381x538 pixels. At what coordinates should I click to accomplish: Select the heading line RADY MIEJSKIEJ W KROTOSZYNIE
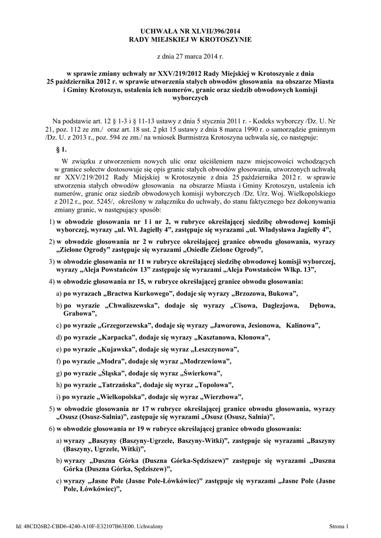pos(190,39)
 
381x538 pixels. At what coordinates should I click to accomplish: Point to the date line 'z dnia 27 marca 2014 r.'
pos(190,56)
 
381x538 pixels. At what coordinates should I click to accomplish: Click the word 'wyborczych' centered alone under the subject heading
pos(191,98)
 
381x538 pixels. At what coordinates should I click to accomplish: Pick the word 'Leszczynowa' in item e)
pos(216,349)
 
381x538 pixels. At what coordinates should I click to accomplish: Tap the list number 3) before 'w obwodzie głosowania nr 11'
pos(52,261)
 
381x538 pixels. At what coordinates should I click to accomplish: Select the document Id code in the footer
pos(89,526)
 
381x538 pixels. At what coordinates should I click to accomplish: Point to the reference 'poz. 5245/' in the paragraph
pos(115,201)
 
